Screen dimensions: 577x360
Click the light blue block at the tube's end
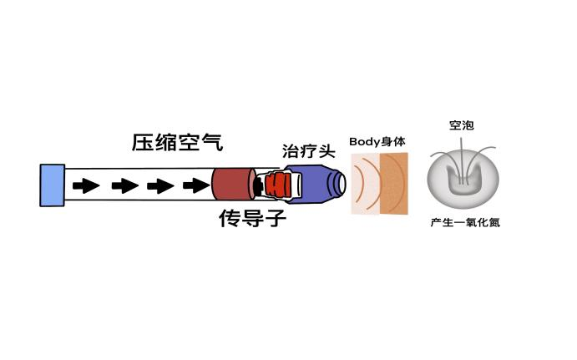53,185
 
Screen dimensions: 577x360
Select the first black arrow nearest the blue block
86,185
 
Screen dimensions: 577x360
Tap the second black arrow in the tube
125,185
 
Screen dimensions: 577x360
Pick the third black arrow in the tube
160,185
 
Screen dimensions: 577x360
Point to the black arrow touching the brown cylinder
196,185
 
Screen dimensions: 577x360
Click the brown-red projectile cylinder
233,184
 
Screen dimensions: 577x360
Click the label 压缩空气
177,143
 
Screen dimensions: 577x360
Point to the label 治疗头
309,151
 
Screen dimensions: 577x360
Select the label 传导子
252,218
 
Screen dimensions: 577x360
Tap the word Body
364,142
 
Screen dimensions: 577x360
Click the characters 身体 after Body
393,142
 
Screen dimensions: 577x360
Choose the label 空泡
462,125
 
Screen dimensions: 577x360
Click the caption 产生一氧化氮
465,222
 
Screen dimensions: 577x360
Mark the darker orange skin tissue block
394,184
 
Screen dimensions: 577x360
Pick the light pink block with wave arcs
366,184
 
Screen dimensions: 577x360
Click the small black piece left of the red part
260,186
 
